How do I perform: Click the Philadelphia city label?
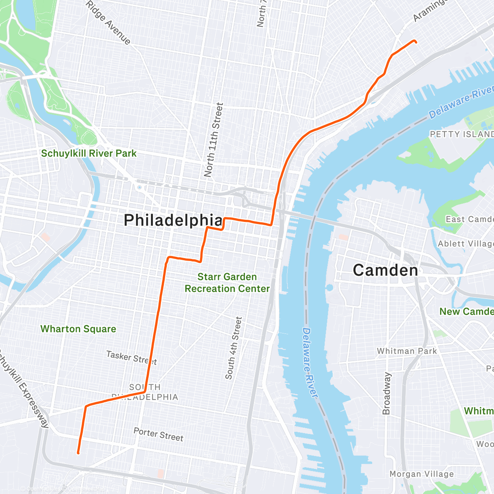173,220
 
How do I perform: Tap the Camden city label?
385,270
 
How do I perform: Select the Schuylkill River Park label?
89,154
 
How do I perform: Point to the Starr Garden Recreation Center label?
227,283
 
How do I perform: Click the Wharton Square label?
78,329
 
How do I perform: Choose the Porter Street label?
158,434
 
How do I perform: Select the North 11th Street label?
214,140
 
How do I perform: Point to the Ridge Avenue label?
109,23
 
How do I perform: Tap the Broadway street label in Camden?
387,393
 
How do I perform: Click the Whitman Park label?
407,351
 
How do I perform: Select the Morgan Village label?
422,474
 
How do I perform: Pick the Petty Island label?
461,134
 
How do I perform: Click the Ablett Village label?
465,244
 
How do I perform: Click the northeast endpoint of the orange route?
416,42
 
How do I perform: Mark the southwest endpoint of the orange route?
78,453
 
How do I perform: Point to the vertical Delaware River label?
310,362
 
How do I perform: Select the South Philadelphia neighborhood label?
145,392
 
